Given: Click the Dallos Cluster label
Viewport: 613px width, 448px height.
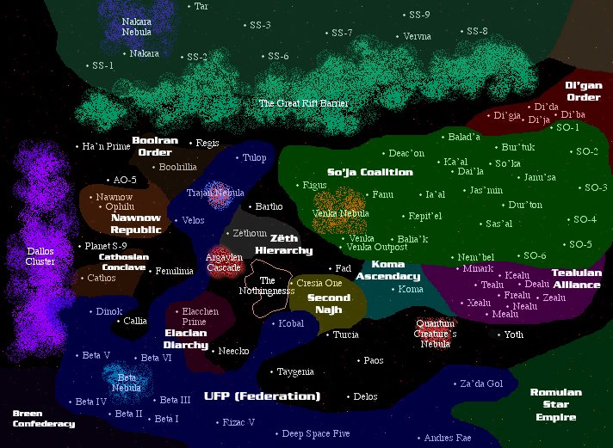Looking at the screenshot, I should (40, 256).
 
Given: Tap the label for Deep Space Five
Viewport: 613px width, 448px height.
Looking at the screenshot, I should (316, 433).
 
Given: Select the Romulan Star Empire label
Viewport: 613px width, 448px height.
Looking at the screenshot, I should (555, 405).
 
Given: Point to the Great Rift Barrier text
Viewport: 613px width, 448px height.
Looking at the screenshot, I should (303, 103).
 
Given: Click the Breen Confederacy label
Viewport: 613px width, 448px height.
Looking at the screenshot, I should (43, 419).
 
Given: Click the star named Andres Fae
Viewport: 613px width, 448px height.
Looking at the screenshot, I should (448, 439).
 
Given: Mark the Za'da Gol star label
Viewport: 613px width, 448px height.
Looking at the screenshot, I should (481, 384).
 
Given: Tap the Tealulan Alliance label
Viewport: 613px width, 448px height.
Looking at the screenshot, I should (576, 279).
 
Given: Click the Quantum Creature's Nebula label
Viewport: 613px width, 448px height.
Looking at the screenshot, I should (436, 333).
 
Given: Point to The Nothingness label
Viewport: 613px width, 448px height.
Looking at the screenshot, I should (268, 286).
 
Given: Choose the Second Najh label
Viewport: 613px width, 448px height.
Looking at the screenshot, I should (329, 304).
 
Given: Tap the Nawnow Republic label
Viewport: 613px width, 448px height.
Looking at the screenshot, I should (136, 224).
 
